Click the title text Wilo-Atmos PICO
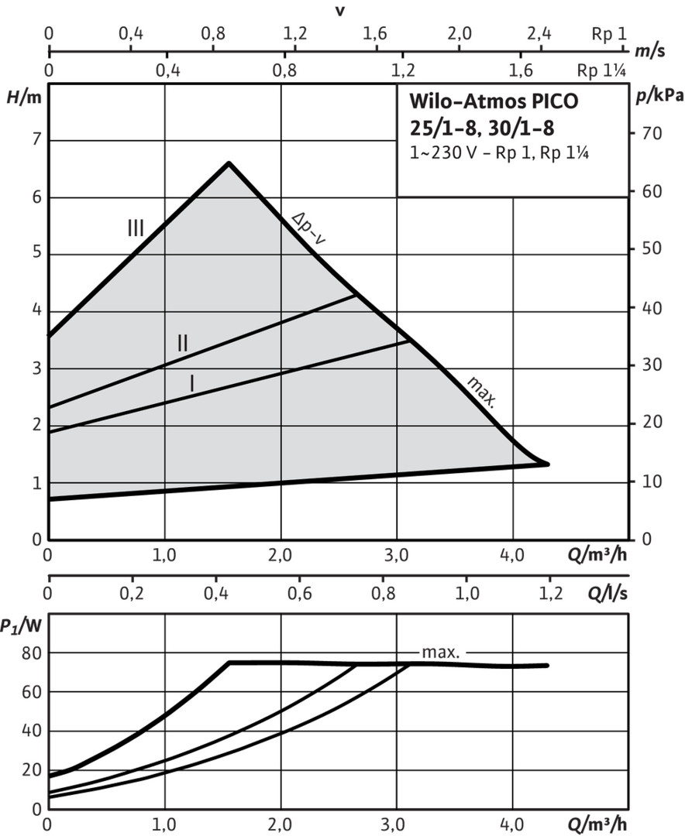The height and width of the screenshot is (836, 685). [493, 101]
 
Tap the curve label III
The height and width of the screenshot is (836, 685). [136, 228]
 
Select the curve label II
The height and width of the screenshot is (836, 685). [182, 342]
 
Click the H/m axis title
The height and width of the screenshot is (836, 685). [21, 98]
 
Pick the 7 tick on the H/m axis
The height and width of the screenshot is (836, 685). [33, 140]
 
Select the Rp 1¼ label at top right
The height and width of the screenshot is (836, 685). [601, 70]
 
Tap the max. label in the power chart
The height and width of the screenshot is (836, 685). [441, 653]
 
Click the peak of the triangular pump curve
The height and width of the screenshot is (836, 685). [229, 163]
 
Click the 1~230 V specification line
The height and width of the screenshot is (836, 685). [501, 152]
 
